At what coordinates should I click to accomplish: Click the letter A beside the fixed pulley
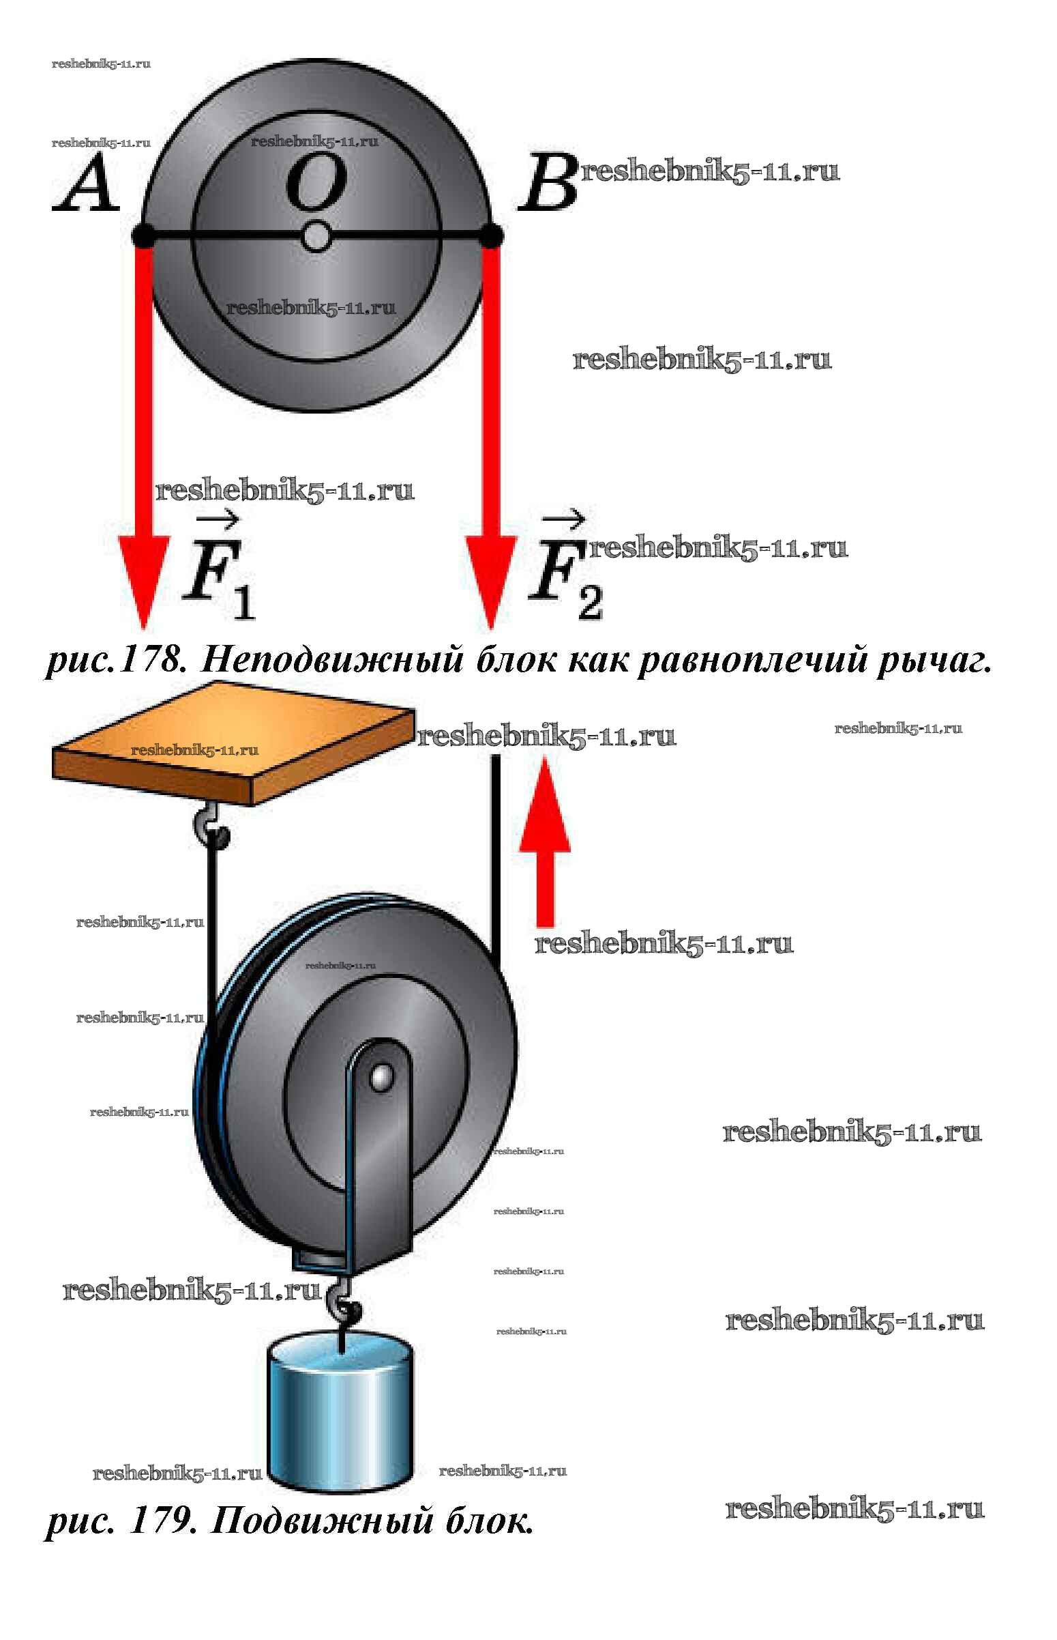[86, 183]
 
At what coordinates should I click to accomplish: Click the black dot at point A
[143, 235]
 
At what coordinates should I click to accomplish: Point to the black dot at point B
[491, 235]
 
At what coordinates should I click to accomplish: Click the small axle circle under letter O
[316, 237]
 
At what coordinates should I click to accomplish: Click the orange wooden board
[233, 742]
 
